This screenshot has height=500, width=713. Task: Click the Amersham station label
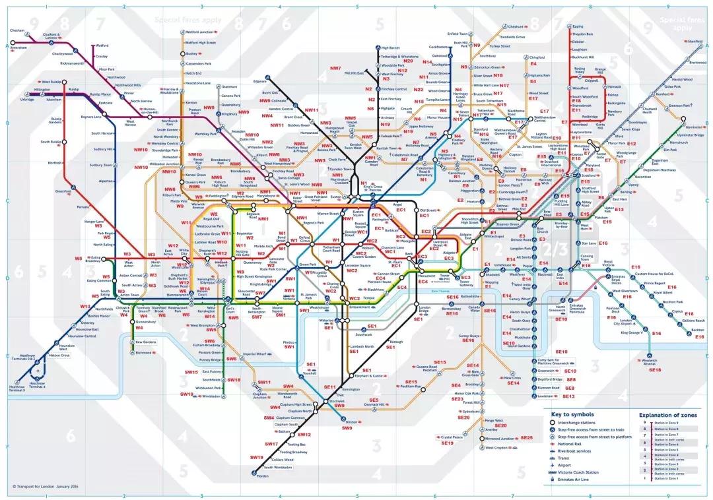pyautogui.click(x=18, y=47)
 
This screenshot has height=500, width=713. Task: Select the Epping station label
pyautogui.click(x=578, y=26)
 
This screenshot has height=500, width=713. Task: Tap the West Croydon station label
pyautogui.click(x=498, y=449)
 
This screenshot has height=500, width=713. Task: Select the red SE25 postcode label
pyautogui.click(x=526, y=438)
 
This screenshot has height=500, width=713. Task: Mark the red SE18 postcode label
pyautogui.click(x=655, y=370)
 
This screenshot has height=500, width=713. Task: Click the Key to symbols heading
pyautogui.click(x=570, y=415)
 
